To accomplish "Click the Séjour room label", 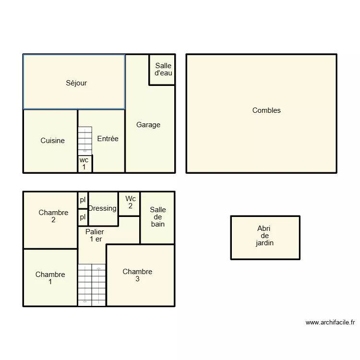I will pos(76,83).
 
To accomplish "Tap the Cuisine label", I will pos(52,141).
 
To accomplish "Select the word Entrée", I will pos(108,139).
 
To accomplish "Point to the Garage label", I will pos(148,125).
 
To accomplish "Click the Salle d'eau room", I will pos(163,70).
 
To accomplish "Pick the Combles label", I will pos(266,110).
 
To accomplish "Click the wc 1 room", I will pos(84,164).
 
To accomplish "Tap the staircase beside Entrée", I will pos(85,140).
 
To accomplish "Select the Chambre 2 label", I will pos(53,216).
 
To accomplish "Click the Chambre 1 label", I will pos(50,278).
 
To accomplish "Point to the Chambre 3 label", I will pos(137,275).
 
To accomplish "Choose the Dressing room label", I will pos(102,208).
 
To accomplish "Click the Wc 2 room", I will pos(130,202).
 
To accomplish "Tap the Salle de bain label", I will pos(157,216).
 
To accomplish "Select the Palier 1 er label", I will pos(95,235).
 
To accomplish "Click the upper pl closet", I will pos(83,200).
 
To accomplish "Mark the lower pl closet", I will pos(83,217).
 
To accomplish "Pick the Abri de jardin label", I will pos(264,236).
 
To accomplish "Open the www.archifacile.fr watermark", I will pos(330,323).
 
